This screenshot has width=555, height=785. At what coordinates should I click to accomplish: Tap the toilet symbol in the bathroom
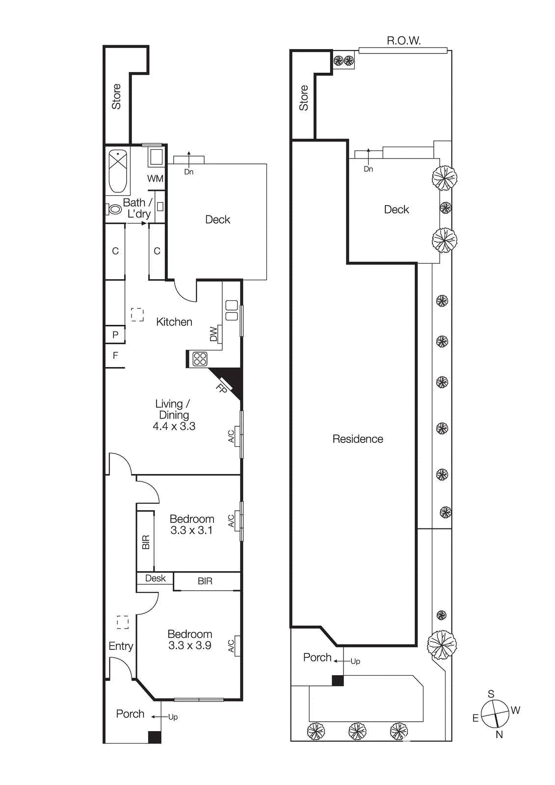click(x=114, y=209)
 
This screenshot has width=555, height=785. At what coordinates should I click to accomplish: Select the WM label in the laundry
click(x=155, y=179)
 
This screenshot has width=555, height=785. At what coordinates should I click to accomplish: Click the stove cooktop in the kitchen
click(x=200, y=359)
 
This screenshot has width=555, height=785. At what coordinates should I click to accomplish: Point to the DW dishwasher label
click(x=213, y=334)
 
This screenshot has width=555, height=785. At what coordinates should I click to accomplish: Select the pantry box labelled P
click(x=115, y=335)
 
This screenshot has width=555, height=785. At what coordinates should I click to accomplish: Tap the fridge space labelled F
click(x=115, y=355)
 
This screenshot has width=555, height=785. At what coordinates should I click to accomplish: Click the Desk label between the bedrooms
click(x=155, y=578)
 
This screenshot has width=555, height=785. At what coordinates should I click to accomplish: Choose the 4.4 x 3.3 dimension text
click(x=174, y=426)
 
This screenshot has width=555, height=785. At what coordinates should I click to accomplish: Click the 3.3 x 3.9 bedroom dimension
click(x=189, y=646)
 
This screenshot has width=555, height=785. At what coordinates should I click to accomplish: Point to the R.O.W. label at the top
click(x=403, y=41)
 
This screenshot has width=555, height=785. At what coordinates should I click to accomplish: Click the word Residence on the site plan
click(x=357, y=439)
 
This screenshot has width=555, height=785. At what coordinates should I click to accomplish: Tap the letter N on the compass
click(x=499, y=734)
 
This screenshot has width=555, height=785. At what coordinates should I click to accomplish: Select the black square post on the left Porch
click(x=155, y=737)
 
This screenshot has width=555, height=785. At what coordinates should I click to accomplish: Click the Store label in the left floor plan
click(x=116, y=96)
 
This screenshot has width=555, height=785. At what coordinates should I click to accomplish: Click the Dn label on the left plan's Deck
click(x=189, y=172)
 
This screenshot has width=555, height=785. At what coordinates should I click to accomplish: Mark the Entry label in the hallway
click(x=121, y=646)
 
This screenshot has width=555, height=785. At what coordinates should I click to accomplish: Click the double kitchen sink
click(x=232, y=311)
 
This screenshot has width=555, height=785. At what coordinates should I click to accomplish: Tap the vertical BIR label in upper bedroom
click(x=146, y=542)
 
